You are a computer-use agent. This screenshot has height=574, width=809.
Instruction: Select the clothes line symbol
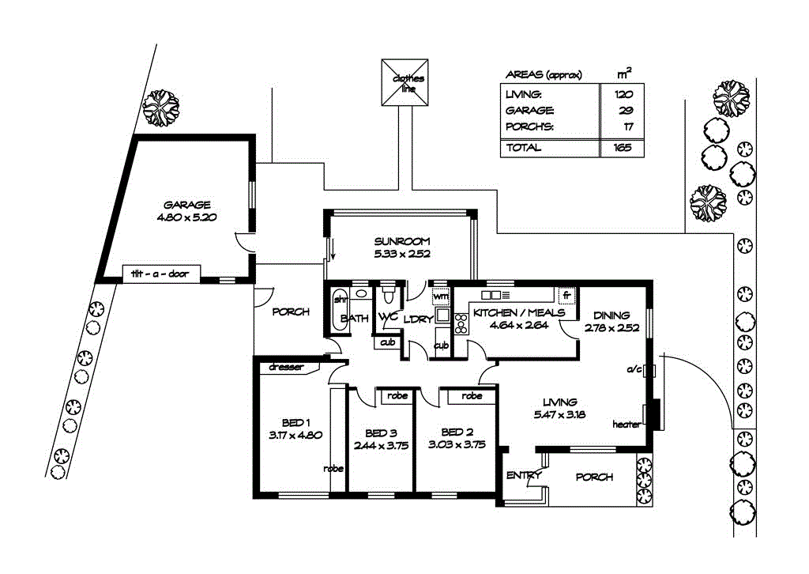(404, 82)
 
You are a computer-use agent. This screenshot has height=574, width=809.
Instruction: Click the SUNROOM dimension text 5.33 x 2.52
(401, 254)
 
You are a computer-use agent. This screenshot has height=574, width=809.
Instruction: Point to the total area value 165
(622, 148)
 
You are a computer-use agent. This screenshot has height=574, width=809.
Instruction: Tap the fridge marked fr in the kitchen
(566, 295)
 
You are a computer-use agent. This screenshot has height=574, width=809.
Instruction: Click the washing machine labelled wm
(441, 296)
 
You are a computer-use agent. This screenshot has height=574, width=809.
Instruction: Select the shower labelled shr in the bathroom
(341, 300)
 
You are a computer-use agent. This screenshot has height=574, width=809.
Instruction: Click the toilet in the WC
(387, 300)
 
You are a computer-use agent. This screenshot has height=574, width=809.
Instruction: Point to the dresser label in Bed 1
(285, 366)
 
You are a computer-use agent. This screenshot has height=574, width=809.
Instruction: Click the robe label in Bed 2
(472, 395)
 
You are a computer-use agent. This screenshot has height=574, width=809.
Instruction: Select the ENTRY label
(523, 475)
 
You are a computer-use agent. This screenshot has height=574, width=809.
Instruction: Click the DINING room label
(611, 314)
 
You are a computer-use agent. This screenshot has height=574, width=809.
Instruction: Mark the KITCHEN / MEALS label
(519, 312)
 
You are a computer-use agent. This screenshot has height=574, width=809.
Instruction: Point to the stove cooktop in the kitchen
(460, 324)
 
